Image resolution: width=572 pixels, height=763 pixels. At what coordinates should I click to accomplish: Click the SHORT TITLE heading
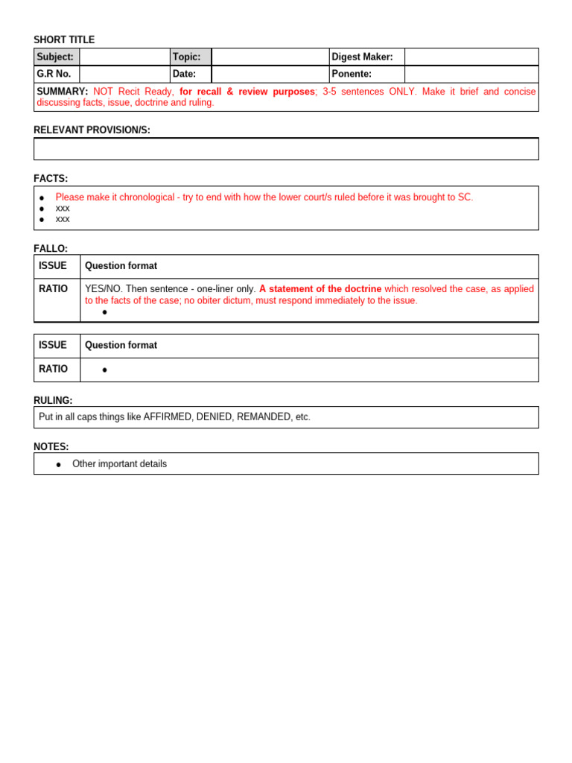64,39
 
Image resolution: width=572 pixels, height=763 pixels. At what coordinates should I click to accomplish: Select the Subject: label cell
56,57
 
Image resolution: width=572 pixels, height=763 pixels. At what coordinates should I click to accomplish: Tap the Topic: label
186,57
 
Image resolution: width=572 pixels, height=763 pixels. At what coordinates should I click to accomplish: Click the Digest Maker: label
362,57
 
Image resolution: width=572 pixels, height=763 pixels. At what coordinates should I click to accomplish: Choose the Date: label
184,74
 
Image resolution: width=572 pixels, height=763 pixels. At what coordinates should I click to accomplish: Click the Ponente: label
352,74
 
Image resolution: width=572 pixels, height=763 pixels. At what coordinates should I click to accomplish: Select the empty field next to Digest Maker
471,57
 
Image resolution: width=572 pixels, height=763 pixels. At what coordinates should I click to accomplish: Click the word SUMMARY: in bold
63,92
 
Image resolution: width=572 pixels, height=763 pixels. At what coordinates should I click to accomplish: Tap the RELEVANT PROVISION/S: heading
92,130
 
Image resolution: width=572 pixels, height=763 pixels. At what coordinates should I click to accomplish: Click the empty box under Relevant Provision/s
286,149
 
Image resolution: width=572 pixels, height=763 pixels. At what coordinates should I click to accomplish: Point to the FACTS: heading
51,179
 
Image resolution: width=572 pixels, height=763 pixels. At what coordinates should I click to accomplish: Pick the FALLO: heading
51,248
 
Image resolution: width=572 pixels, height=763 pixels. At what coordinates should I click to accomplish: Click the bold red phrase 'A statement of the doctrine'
320,288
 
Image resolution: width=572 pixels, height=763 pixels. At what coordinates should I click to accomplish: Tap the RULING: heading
53,400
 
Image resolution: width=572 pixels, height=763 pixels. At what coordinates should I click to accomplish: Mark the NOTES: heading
51,446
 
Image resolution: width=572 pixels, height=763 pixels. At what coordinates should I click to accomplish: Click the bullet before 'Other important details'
59,464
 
